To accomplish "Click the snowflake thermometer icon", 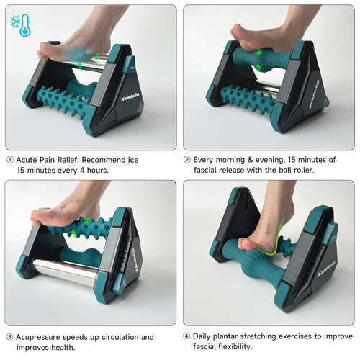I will tap(20, 24).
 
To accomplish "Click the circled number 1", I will tap(9, 160).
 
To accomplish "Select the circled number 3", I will tap(9, 337).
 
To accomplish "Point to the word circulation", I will tap(120, 337).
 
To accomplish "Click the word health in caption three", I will tap(60, 348).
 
